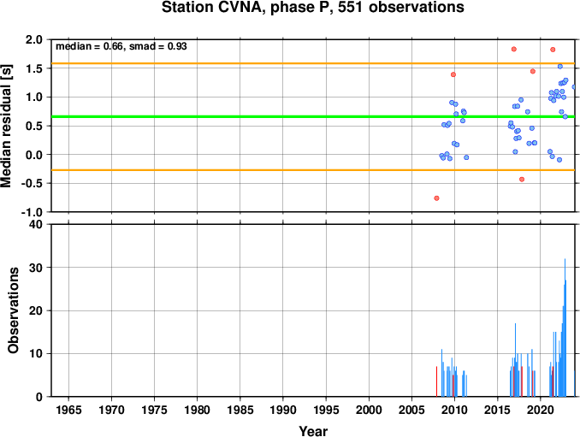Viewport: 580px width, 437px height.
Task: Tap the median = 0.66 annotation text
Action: coord(89,46)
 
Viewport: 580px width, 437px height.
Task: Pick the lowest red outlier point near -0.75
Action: coord(436,198)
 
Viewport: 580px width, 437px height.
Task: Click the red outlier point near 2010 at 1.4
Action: coord(453,74)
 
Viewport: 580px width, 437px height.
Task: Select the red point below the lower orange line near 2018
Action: coord(522,180)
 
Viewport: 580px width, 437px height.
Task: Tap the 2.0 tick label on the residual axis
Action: coord(34,39)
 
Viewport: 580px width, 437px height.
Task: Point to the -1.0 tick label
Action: coord(32,212)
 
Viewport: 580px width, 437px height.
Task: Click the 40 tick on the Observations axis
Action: coord(36,224)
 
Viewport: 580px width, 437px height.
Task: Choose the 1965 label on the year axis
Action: coord(68,410)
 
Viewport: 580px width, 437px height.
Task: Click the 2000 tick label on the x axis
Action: coord(369,410)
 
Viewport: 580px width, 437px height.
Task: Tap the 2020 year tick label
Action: coord(541,410)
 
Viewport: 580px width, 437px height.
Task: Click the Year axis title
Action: coord(313,431)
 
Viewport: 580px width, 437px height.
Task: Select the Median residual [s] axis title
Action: coord(6,126)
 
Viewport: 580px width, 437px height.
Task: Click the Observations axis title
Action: coord(14,310)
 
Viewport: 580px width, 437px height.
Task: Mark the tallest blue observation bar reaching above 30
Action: coord(565,328)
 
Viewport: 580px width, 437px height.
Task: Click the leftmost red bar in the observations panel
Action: coord(436,381)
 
